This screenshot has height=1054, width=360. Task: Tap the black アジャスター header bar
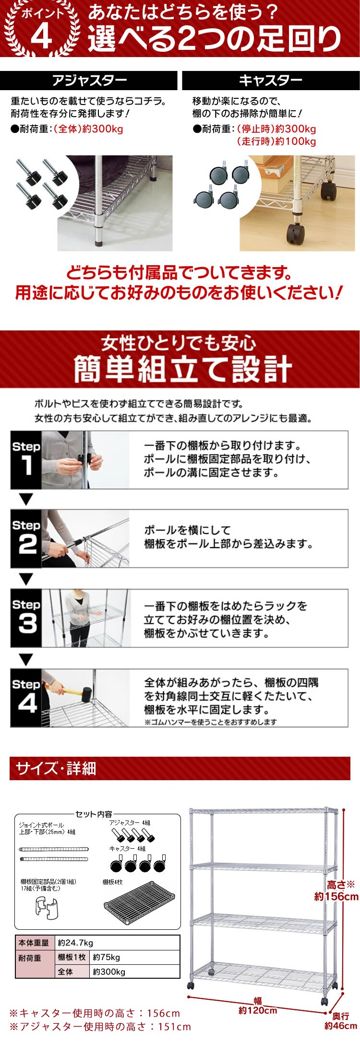pyautogui.click(x=89, y=81)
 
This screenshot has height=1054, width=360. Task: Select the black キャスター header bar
pyautogui.click(x=271, y=81)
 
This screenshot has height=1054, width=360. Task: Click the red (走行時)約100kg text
pyautogui.click(x=276, y=141)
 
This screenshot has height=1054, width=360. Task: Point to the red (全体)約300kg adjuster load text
pyautogui.click(x=88, y=129)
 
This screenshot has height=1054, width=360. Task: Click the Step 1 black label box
pyautogui.click(x=26, y=460)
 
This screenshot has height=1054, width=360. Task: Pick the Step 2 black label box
pyautogui.click(x=26, y=539)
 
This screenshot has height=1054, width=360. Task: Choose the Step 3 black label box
pyautogui.click(x=26, y=619)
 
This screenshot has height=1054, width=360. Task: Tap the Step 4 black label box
pyautogui.click(x=26, y=698)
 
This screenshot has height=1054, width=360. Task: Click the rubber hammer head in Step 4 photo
pyautogui.click(x=86, y=693)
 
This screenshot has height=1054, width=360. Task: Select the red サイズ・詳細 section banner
pyautogui.click(x=180, y=769)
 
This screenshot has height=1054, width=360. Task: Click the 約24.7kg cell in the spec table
pyautogui.click(x=117, y=942)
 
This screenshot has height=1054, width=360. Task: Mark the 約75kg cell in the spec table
pyautogui.click(x=135, y=957)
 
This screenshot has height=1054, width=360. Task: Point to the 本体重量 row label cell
pyautogui.click(x=35, y=942)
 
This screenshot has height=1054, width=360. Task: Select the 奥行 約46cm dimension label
pyautogui.click(x=340, y=1021)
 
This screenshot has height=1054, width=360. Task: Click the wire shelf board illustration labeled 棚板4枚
pyautogui.click(x=139, y=903)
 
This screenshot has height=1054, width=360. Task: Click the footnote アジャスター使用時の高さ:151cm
pyautogui.click(x=100, y=1027)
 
